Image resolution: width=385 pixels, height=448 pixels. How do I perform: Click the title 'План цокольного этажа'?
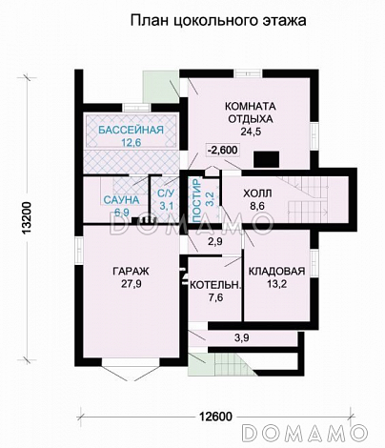[218, 21]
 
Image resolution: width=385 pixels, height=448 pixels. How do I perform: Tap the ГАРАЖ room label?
[131, 271]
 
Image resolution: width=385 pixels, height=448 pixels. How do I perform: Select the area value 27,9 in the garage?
[131, 284]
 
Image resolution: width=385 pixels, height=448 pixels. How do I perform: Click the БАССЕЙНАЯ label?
[131, 130]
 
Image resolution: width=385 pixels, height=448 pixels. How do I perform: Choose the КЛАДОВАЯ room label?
[276, 271]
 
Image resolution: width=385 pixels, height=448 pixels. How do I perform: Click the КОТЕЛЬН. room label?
[215, 285]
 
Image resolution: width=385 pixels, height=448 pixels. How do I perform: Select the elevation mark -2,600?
[222, 150]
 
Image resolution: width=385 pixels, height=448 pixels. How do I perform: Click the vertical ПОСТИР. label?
[197, 200]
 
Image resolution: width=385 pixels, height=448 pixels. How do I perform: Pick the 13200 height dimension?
[27, 218]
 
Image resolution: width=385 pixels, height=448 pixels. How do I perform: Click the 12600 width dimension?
[216, 416]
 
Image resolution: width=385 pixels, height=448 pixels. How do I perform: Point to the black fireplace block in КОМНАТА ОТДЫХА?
[266, 159]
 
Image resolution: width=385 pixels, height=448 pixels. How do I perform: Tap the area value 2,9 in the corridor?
[215, 241]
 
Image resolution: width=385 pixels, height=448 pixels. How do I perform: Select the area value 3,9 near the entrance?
[242, 338]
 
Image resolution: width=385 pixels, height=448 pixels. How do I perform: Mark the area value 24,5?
[251, 132]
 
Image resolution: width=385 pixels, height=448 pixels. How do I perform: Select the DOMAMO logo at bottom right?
[305, 432]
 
